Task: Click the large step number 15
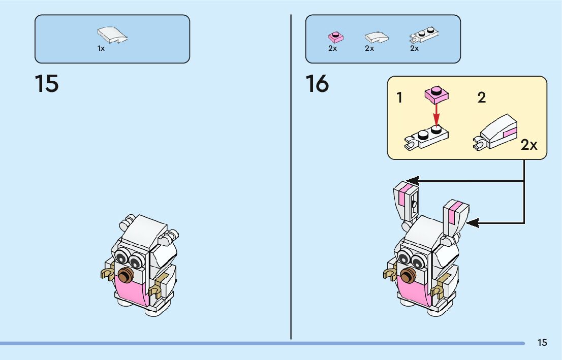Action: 47,84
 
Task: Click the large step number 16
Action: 317,84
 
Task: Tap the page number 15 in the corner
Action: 542,343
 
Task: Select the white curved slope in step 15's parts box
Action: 112,35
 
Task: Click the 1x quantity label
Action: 101,49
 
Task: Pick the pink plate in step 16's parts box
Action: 334,37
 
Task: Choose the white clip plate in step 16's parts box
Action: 424,35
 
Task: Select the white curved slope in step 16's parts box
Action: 377,37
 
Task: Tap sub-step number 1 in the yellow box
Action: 399,98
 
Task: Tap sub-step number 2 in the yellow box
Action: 481,97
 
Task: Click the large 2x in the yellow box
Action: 529,145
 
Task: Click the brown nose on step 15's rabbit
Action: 125,277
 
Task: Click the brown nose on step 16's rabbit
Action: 407,276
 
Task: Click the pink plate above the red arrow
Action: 435,93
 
